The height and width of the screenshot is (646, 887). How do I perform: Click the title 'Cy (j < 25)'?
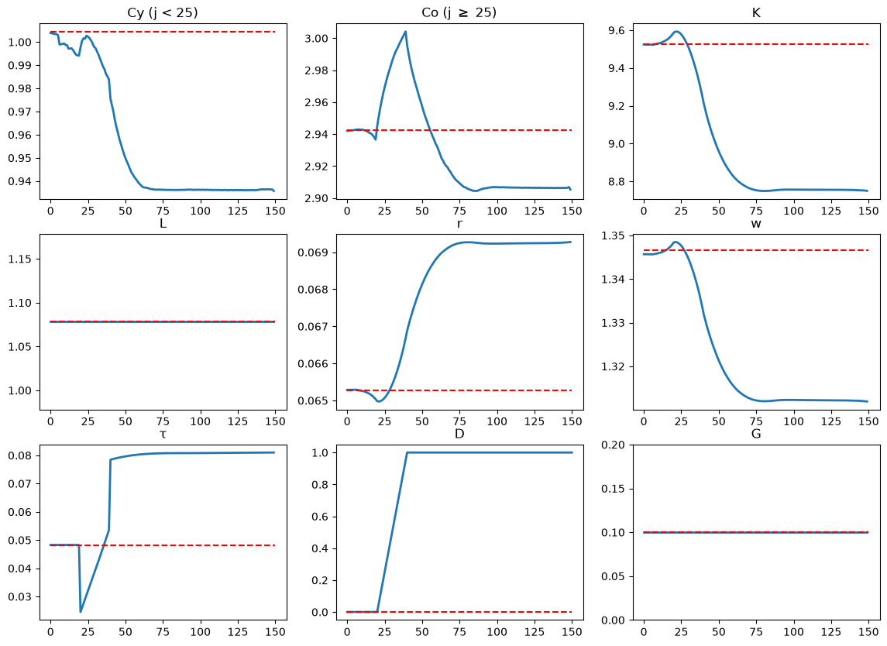pyautogui.click(x=163, y=12)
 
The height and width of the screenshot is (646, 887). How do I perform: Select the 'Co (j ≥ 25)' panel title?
pyautogui.click(x=459, y=12)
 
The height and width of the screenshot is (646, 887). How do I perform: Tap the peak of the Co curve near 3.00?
pyautogui.click(x=406, y=32)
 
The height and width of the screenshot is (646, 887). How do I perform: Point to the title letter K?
pyautogui.click(x=756, y=12)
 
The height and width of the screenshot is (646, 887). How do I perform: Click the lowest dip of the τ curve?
pyautogui.click(x=81, y=611)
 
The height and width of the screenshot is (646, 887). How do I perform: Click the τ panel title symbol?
pyautogui.click(x=163, y=435)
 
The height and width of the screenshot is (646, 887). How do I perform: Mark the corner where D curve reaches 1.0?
pyautogui.click(x=407, y=452)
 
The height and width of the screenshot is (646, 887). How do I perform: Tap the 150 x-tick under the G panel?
pyautogui.click(x=869, y=632)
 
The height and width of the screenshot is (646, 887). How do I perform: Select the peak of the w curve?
pyautogui.click(x=676, y=242)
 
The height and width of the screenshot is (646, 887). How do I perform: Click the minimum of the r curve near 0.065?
pyautogui.click(x=379, y=401)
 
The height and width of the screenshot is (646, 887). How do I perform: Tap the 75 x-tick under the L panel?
pyautogui.click(x=163, y=421)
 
